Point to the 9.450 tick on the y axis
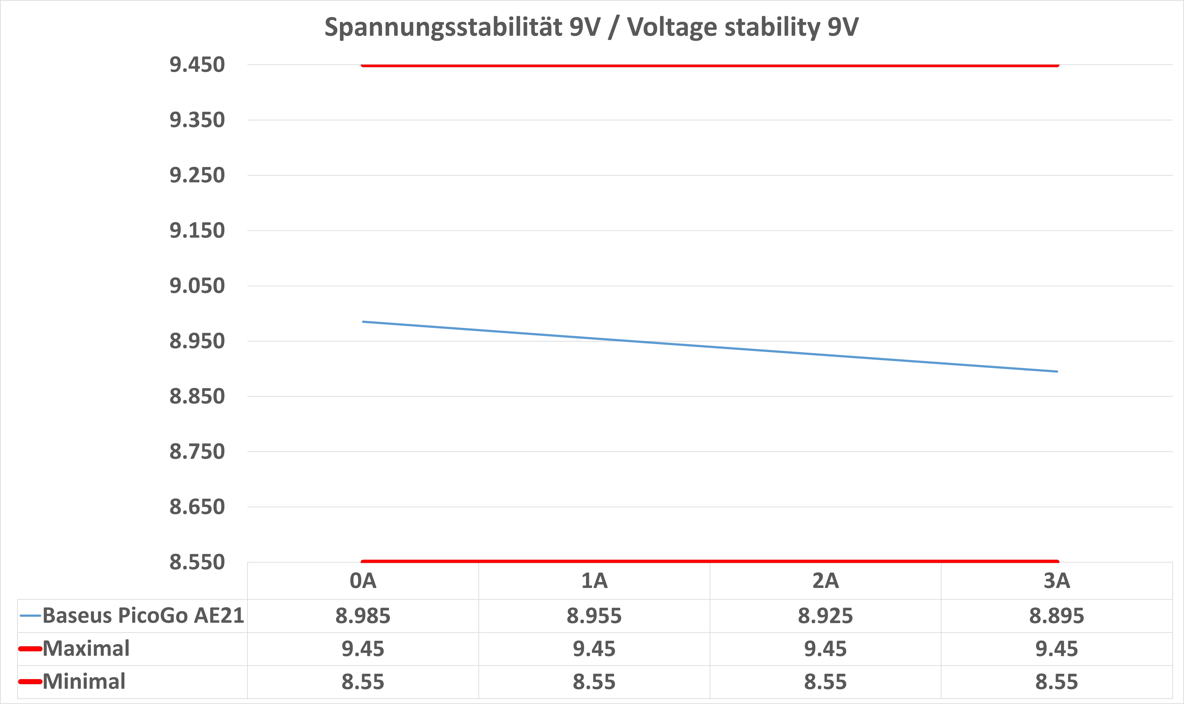point(197,65)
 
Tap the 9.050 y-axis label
point(197,286)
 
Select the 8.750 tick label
point(197,452)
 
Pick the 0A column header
point(363,581)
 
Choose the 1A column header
point(594,581)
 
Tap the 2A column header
point(825,581)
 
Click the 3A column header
point(1057,581)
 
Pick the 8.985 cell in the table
point(363,616)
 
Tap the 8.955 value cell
point(594,616)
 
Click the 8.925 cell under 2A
point(825,616)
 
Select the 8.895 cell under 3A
point(1057,616)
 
